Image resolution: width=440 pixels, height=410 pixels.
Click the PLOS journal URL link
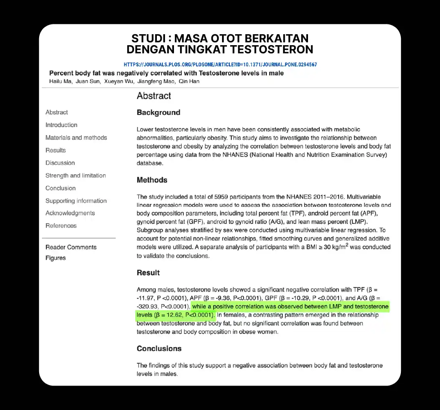[x=220, y=64]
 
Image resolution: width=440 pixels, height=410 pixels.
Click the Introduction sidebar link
[x=62, y=125]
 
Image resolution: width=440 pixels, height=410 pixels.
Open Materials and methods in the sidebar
[x=76, y=138]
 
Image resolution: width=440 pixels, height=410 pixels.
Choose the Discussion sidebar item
[x=60, y=163]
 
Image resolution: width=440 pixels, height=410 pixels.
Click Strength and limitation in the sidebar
[x=76, y=175]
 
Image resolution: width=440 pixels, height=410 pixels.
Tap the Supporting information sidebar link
[x=76, y=201]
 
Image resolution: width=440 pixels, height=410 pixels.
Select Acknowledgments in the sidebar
[x=70, y=213]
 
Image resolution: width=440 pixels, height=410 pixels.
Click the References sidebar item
[x=61, y=226]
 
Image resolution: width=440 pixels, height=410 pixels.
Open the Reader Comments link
[x=71, y=247]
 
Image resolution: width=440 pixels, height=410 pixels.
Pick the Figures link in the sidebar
[x=55, y=258]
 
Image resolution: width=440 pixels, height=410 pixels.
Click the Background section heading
[x=158, y=112]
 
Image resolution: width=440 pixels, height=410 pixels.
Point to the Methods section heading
[x=152, y=180]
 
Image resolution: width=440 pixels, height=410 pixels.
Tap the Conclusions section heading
[x=159, y=349]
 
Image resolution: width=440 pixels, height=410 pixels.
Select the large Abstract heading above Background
[x=154, y=96]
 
